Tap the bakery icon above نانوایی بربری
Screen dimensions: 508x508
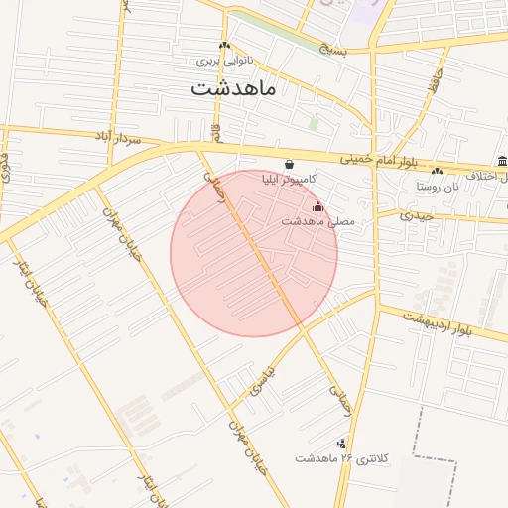pos(224,46)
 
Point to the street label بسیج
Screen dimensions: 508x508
pos(333,48)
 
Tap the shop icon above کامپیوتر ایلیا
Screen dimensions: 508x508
pos(288,165)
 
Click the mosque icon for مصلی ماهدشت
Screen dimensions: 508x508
pos(317,206)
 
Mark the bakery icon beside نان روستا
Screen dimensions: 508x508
pos(438,171)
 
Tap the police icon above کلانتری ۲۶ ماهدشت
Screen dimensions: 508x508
pos(342,444)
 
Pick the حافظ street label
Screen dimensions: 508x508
pos(435,81)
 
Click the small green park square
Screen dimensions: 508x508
pos(314,124)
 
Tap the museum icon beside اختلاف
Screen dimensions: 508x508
pos(502,162)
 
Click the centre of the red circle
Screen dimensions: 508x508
pos(254,253)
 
